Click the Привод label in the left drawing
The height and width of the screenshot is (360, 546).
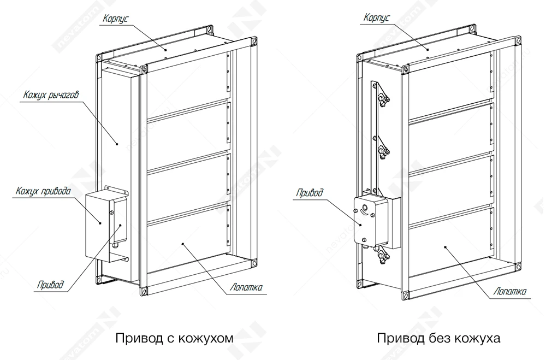[x=51, y=285]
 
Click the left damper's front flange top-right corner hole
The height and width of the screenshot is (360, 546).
[x=253, y=42]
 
